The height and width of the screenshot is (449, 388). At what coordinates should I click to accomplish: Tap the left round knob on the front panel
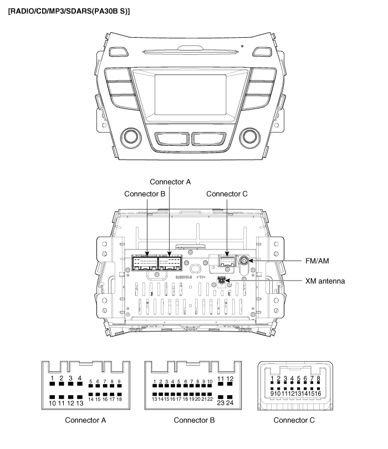click(x=132, y=136)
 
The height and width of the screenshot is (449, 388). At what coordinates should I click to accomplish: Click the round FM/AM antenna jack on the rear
click(x=244, y=261)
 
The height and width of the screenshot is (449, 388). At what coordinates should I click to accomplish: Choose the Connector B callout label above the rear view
click(x=145, y=194)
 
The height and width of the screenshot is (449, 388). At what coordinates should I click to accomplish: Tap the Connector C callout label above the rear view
click(x=227, y=194)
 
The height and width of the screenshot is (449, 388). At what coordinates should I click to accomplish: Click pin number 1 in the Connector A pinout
click(x=52, y=379)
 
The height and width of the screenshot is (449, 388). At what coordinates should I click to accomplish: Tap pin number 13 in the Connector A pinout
click(x=80, y=403)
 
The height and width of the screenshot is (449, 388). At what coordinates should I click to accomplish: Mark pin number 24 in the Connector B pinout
click(x=230, y=403)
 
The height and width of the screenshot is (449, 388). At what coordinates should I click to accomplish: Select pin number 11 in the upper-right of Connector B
click(x=221, y=379)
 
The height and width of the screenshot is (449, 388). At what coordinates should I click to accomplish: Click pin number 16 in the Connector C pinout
click(x=320, y=393)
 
